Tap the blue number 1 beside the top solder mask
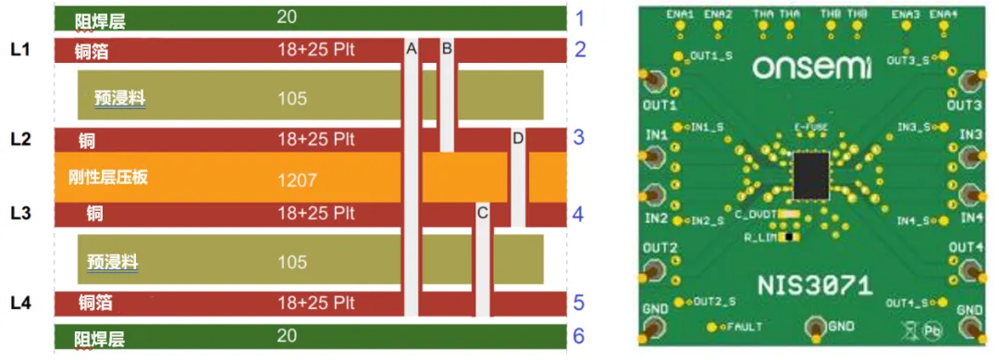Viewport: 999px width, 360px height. [x=580, y=18]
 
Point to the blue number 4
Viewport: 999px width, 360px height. [x=578, y=214]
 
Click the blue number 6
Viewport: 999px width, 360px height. [x=579, y=335]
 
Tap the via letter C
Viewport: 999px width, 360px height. [x=481, y=213]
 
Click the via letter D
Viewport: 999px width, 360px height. [x=517, y=138]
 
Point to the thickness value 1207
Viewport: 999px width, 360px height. [x=296, y=178]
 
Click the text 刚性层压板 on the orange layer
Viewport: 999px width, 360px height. [x=107, y=177]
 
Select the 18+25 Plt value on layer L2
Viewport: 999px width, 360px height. [x=316, y=139]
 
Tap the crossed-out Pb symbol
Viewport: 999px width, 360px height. [x=929, y=329]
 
